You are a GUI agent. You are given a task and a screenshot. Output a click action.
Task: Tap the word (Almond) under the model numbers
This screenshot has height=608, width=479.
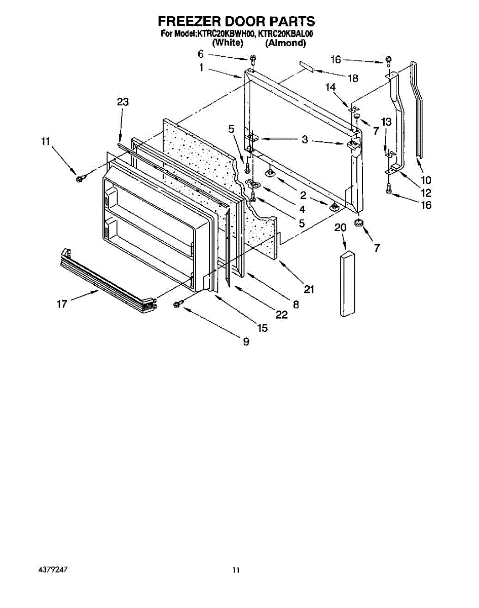click(285, 44)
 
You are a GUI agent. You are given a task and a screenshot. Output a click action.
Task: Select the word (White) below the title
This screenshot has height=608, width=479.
click(228, 44)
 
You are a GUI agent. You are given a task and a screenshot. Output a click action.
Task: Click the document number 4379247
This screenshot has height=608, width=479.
click(53, 569)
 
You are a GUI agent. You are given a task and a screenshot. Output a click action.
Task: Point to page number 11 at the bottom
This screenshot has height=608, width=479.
click(236, 570)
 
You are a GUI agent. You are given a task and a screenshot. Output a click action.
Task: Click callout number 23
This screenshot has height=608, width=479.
click(123, 102)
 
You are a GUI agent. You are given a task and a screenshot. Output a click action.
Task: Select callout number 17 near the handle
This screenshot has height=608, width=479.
click(62, 305)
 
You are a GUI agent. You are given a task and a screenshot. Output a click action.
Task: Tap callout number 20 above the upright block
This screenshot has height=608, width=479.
click(341, 228)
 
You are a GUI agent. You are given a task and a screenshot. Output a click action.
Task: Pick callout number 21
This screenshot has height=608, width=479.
click(309, 289)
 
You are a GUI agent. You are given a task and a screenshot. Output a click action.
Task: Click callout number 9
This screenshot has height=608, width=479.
click(246, 342)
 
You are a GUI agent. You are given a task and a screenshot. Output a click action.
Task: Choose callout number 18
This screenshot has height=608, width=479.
click(353, 78)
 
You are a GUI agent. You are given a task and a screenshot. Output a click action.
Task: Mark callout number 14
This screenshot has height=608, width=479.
click(330, 87)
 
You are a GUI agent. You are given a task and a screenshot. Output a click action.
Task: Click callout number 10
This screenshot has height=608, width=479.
click(425, 179)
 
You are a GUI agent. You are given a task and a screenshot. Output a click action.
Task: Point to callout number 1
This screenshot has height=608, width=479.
click(201, 67)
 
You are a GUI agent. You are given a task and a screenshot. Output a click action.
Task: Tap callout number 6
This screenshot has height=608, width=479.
click(200, 54)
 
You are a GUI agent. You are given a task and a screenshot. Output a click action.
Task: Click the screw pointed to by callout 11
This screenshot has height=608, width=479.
click(80, 178)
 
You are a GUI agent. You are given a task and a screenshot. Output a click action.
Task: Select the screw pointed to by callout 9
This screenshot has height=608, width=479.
click(178, 303)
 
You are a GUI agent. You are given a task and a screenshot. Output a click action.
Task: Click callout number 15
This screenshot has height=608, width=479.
click(262, 328)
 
